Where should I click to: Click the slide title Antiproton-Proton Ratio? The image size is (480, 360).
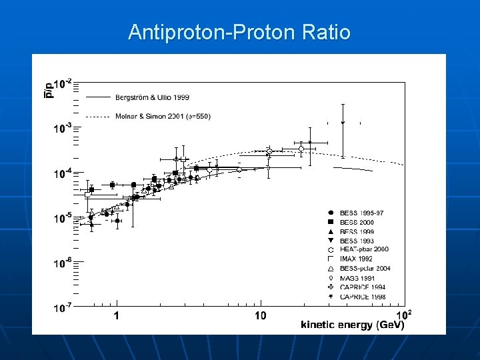pyautogui.click(x=239, y=32)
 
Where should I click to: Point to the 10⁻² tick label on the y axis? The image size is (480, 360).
pyautogui.click(x=63, y=84)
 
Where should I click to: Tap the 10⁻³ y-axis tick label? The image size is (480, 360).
pyautogui.click(x=63, y=129)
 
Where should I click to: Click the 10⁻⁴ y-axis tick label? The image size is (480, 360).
pyautogui.click(x=63, y=173)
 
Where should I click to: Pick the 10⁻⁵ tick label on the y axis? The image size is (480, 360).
pyautogui.click(x=63, y=218)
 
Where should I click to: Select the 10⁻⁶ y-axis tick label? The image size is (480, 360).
pyautogui.click(x=63, y=263)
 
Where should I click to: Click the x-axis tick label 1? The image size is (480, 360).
pyautogui.click(x=117, y=315)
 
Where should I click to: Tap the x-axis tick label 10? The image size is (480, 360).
pyautogui.click(x=260, y=315)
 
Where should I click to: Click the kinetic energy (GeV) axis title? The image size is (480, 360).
pyautogui.click(x=352, y=325)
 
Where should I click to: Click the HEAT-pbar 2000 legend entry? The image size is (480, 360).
pyautogui.click(x=363, y=249)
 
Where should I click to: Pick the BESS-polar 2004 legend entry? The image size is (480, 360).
pyautogui.click(x=363, y=268)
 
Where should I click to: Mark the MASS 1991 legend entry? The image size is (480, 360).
pyautogui.click(x=357, y=277)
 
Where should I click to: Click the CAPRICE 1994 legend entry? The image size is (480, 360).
pyautogui.click(x=362, y=287)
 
